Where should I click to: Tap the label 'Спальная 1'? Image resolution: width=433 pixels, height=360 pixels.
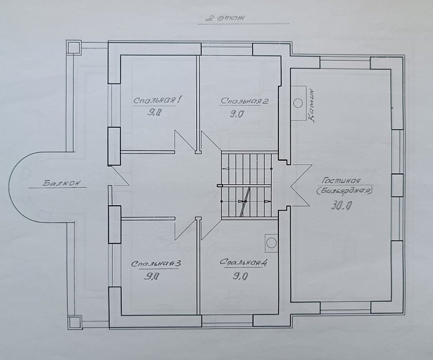(x=157, y=100)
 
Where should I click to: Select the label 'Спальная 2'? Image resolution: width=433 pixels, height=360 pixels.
(x=244, y=101)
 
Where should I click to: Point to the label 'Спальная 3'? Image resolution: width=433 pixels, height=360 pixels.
(x=157, y=263)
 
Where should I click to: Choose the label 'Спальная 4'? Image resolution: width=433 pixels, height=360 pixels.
(x=243, y=262)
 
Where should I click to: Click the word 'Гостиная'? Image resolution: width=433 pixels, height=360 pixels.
(x=341, y=181)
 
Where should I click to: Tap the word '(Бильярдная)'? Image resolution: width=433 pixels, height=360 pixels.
(x=345, y=191)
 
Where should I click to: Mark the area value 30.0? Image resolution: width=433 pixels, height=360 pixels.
(x=341, y=205)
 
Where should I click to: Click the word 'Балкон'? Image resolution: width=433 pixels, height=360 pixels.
(x=62, y=183)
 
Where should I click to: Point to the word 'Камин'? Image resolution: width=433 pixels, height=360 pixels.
(x=311, y=105)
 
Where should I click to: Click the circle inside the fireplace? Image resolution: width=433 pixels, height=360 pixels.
(x=297, y=103)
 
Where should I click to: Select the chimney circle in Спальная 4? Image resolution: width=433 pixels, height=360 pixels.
(x=271, y=243)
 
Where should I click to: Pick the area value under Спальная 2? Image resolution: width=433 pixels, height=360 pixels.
(x=237, y=114)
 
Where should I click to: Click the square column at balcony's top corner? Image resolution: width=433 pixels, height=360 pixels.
(x=74, y=47)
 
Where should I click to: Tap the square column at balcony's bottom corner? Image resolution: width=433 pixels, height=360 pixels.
(x=75, y=322)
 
